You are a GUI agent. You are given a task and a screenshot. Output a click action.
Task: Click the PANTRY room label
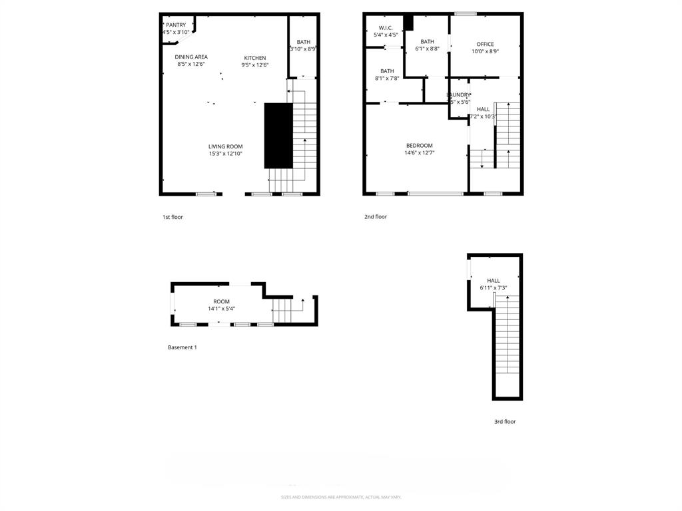point(176,25)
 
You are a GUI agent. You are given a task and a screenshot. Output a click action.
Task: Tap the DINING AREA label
point(191,57)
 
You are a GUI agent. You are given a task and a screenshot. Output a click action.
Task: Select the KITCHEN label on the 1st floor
point(254,58)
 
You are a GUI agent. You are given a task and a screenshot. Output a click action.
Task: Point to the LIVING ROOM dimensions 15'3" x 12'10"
point(225,154)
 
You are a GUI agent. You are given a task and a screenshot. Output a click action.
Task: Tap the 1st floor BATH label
point(303,42)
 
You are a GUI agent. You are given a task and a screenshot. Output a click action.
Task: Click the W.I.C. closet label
point(386,27)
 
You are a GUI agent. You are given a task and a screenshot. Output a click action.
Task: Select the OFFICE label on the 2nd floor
point(485,44)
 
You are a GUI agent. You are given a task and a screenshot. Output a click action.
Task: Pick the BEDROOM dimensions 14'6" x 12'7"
point(420,153)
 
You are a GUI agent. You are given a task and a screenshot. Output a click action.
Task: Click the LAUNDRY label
point(458,94)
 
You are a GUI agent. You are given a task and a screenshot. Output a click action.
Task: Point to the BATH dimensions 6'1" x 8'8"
point(427,49)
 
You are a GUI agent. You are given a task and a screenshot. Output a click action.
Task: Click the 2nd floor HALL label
point(483,109)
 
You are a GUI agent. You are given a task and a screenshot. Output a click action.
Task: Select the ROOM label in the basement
point(221,301)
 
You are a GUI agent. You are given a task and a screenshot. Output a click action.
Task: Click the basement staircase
point(282,310)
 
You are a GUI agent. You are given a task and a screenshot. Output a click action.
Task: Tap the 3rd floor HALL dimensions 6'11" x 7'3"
point(493,288)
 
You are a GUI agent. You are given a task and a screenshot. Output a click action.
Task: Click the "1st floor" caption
point(172,217)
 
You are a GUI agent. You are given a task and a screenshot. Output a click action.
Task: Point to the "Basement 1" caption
point(182,347)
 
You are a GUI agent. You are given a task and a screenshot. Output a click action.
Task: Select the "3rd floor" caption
point(505,422)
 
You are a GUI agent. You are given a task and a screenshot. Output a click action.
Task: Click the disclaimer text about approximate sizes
point(341,497)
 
